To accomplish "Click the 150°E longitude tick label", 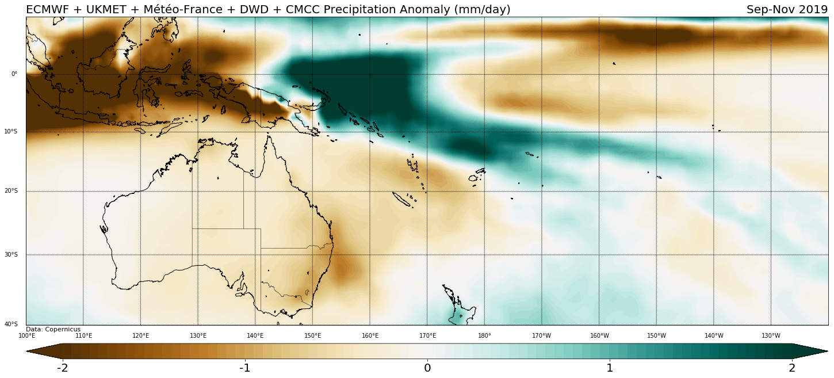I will click(x=312, y=336).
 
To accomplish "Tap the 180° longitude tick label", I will click(x=484, y=336).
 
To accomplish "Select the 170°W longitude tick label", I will click(x=541, y=336).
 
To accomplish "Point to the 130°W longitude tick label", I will click(x=771, y=336).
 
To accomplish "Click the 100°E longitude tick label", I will click(x=27, y=336).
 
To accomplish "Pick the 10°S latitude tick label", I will click(x=11, y=132).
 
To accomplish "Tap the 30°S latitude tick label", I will click(x=11, y=255).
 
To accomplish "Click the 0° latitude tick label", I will click(x=14, y=74).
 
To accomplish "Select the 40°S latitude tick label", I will click(x=11, y=324).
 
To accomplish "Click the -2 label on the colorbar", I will click(x=63, y=368).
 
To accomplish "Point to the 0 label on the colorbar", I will click(x=427, y=368).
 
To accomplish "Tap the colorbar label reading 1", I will click(x=610, y=368).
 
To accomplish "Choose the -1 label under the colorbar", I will click(x=244, y=368).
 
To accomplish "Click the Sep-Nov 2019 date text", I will click(x=787, y=10).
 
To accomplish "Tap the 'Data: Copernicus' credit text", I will click(x=53, y=330).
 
